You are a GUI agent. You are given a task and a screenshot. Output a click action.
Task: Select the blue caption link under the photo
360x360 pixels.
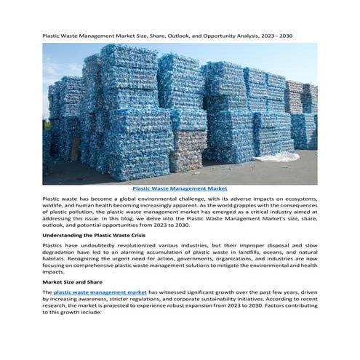pyautogui.click(x=180, y=188)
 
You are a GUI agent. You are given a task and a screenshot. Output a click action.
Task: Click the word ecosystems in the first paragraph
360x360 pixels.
pyautogui.click(x=298, y=199)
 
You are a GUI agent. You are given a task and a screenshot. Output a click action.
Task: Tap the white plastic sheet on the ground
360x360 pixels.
pyautogui.click(x=284, y=155)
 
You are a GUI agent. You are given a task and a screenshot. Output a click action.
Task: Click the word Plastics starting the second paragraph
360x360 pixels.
pyautogui.click(x=55, y=247)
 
